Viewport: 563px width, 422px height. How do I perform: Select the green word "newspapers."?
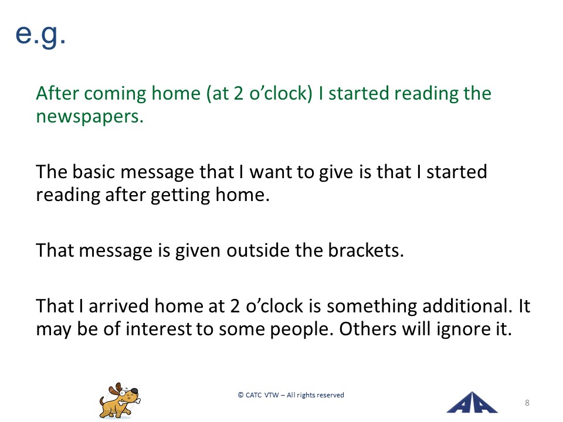90,116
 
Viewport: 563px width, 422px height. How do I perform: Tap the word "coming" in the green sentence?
116,94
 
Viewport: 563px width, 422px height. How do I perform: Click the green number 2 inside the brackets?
239,93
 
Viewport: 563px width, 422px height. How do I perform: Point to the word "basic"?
94,172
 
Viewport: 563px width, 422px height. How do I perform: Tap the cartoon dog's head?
124,392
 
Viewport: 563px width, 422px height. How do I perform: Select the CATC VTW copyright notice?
291,395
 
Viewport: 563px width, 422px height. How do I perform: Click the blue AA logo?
472,403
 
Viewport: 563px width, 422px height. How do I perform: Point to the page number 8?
527,403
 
